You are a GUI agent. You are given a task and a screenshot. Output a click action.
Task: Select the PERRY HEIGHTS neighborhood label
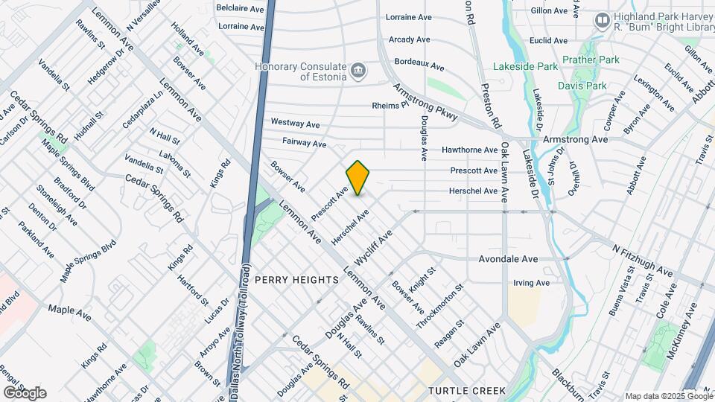click(297, 279)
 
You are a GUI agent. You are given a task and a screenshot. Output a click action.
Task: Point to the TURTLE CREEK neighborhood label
click(467, 390)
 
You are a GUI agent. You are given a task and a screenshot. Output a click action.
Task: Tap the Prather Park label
click(591, 60)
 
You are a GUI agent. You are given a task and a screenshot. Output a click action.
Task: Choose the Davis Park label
click(582, 86)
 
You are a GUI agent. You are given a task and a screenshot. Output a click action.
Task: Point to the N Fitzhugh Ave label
click(642, 258)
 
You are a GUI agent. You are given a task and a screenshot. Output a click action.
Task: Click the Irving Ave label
click(532, 283)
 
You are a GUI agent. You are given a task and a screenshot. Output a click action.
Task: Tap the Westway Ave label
click(295, 122)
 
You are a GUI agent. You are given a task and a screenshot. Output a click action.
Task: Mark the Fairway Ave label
click(304, 141)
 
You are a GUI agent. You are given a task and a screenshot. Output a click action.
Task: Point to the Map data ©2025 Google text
click(668, 396)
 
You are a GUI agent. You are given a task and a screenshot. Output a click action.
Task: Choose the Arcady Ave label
click(409, 39)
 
